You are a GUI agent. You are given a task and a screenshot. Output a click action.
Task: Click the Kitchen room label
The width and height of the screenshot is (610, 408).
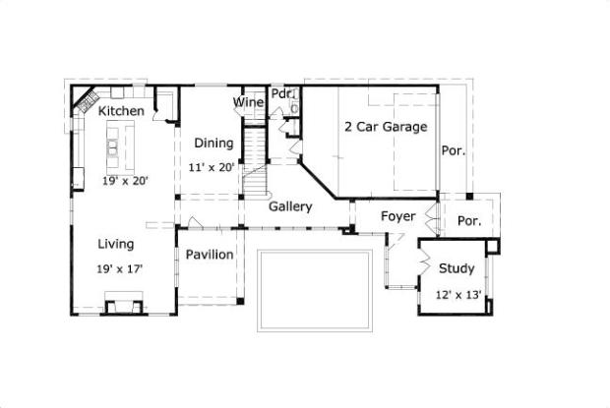click(x=121, y=111)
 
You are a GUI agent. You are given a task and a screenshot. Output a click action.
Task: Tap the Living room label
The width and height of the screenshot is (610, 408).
click(x=115, y=245)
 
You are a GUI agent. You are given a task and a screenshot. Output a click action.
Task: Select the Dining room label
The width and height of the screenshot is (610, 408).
click(x=213, y=144)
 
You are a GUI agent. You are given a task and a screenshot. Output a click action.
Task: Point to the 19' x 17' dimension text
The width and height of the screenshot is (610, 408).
click(x=119, y=269)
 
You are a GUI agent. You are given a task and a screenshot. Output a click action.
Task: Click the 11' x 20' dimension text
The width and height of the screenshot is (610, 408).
click(x=212, y=167)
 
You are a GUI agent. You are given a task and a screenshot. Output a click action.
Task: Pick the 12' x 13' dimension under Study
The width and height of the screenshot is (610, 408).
click(x=458, y=295)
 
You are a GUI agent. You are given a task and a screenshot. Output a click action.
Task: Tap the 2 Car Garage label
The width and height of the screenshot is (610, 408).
click(x=386, y=127)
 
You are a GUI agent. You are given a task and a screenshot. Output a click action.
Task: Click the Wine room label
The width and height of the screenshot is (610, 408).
click(x=248, y=102)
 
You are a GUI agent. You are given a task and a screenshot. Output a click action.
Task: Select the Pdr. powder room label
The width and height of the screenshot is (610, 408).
click(x=281, y=93)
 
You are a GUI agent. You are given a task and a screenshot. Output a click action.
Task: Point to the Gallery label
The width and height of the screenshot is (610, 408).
click(x=290, y=206)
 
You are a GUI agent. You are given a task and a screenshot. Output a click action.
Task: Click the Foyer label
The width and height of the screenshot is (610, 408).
click(x=398, y=216)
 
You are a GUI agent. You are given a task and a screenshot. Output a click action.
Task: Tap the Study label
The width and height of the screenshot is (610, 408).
click(x=457, y=268)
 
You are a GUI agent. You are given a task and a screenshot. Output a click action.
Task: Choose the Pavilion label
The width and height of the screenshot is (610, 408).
click(x=210, y=255)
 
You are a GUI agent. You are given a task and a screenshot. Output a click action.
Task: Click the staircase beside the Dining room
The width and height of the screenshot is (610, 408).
click(x=255, y=162)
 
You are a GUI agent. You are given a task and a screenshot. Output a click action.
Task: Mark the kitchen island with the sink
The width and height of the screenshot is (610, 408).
click(x=121, y=147)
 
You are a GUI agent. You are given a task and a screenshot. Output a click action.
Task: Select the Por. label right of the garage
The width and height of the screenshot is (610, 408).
click(x=454, y=150)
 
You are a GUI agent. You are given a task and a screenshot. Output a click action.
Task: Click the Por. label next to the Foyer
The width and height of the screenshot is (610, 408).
click(x=469, y=221)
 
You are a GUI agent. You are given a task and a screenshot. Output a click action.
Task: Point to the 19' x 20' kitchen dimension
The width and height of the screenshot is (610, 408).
click(x=125, y=181)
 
